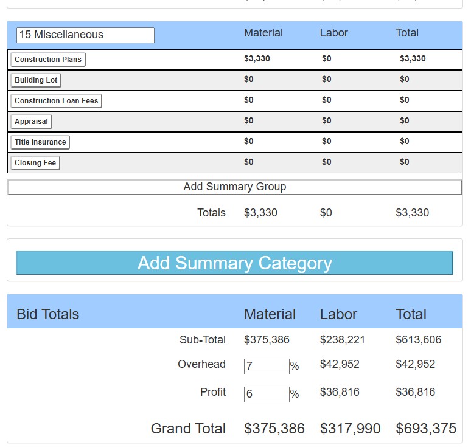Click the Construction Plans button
click(47, 60)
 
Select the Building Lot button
click(36, 80)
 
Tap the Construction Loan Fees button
click(56, 101)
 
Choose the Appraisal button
click(31, 122)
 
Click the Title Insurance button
click(40, 142)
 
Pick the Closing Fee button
click(35, 163)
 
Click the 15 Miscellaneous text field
click(85, 35)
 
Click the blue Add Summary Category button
click(234, 263)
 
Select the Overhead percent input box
click(267, 367)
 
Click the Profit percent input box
click(267, 395)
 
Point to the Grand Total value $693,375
click(426, 429)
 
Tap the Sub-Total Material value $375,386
click(267, 340)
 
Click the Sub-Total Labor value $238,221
click(343, 340)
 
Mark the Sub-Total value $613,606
click(419, 340)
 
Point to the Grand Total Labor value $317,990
click(351, 429)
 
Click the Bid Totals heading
click(48, 314)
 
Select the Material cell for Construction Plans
click(257, 59)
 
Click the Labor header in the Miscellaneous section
click(334, 33)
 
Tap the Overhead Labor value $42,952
click(340, 364)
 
